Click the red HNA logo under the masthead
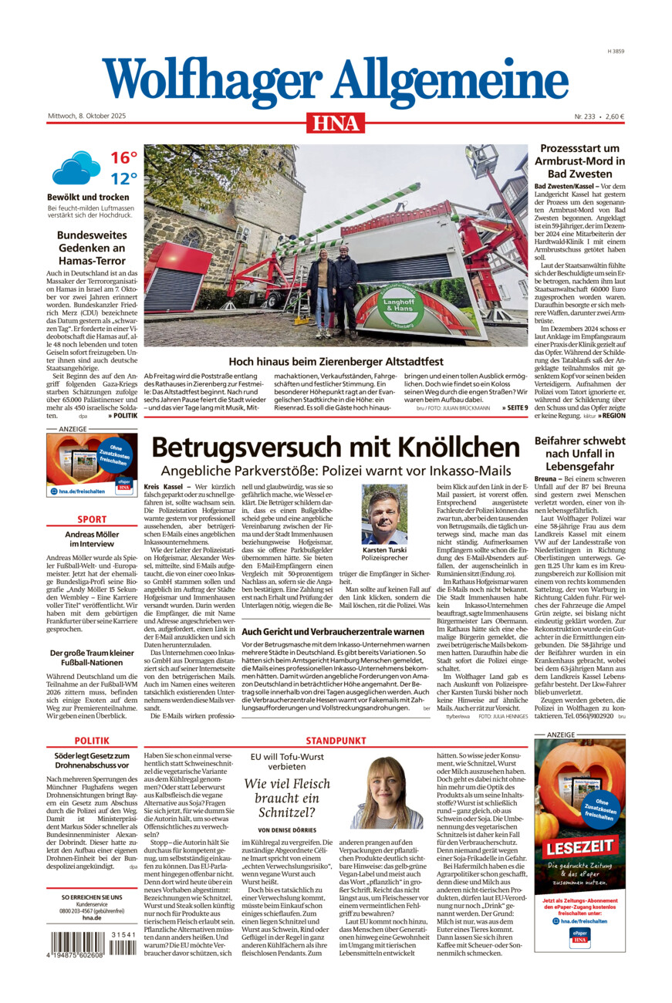coord(336,122)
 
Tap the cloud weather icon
coord(76,167)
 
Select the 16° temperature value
coord(123,157)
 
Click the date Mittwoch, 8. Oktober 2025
coord(86,117)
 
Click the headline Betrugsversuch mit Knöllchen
coord(335,447)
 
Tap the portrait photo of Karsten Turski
coord(384,515)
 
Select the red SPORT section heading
coord(92,519)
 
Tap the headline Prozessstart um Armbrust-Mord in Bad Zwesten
coord(579,161)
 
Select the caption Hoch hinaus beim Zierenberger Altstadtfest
coord(336,360)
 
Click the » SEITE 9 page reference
coord(515,407)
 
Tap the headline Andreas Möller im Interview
coord(92,539)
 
